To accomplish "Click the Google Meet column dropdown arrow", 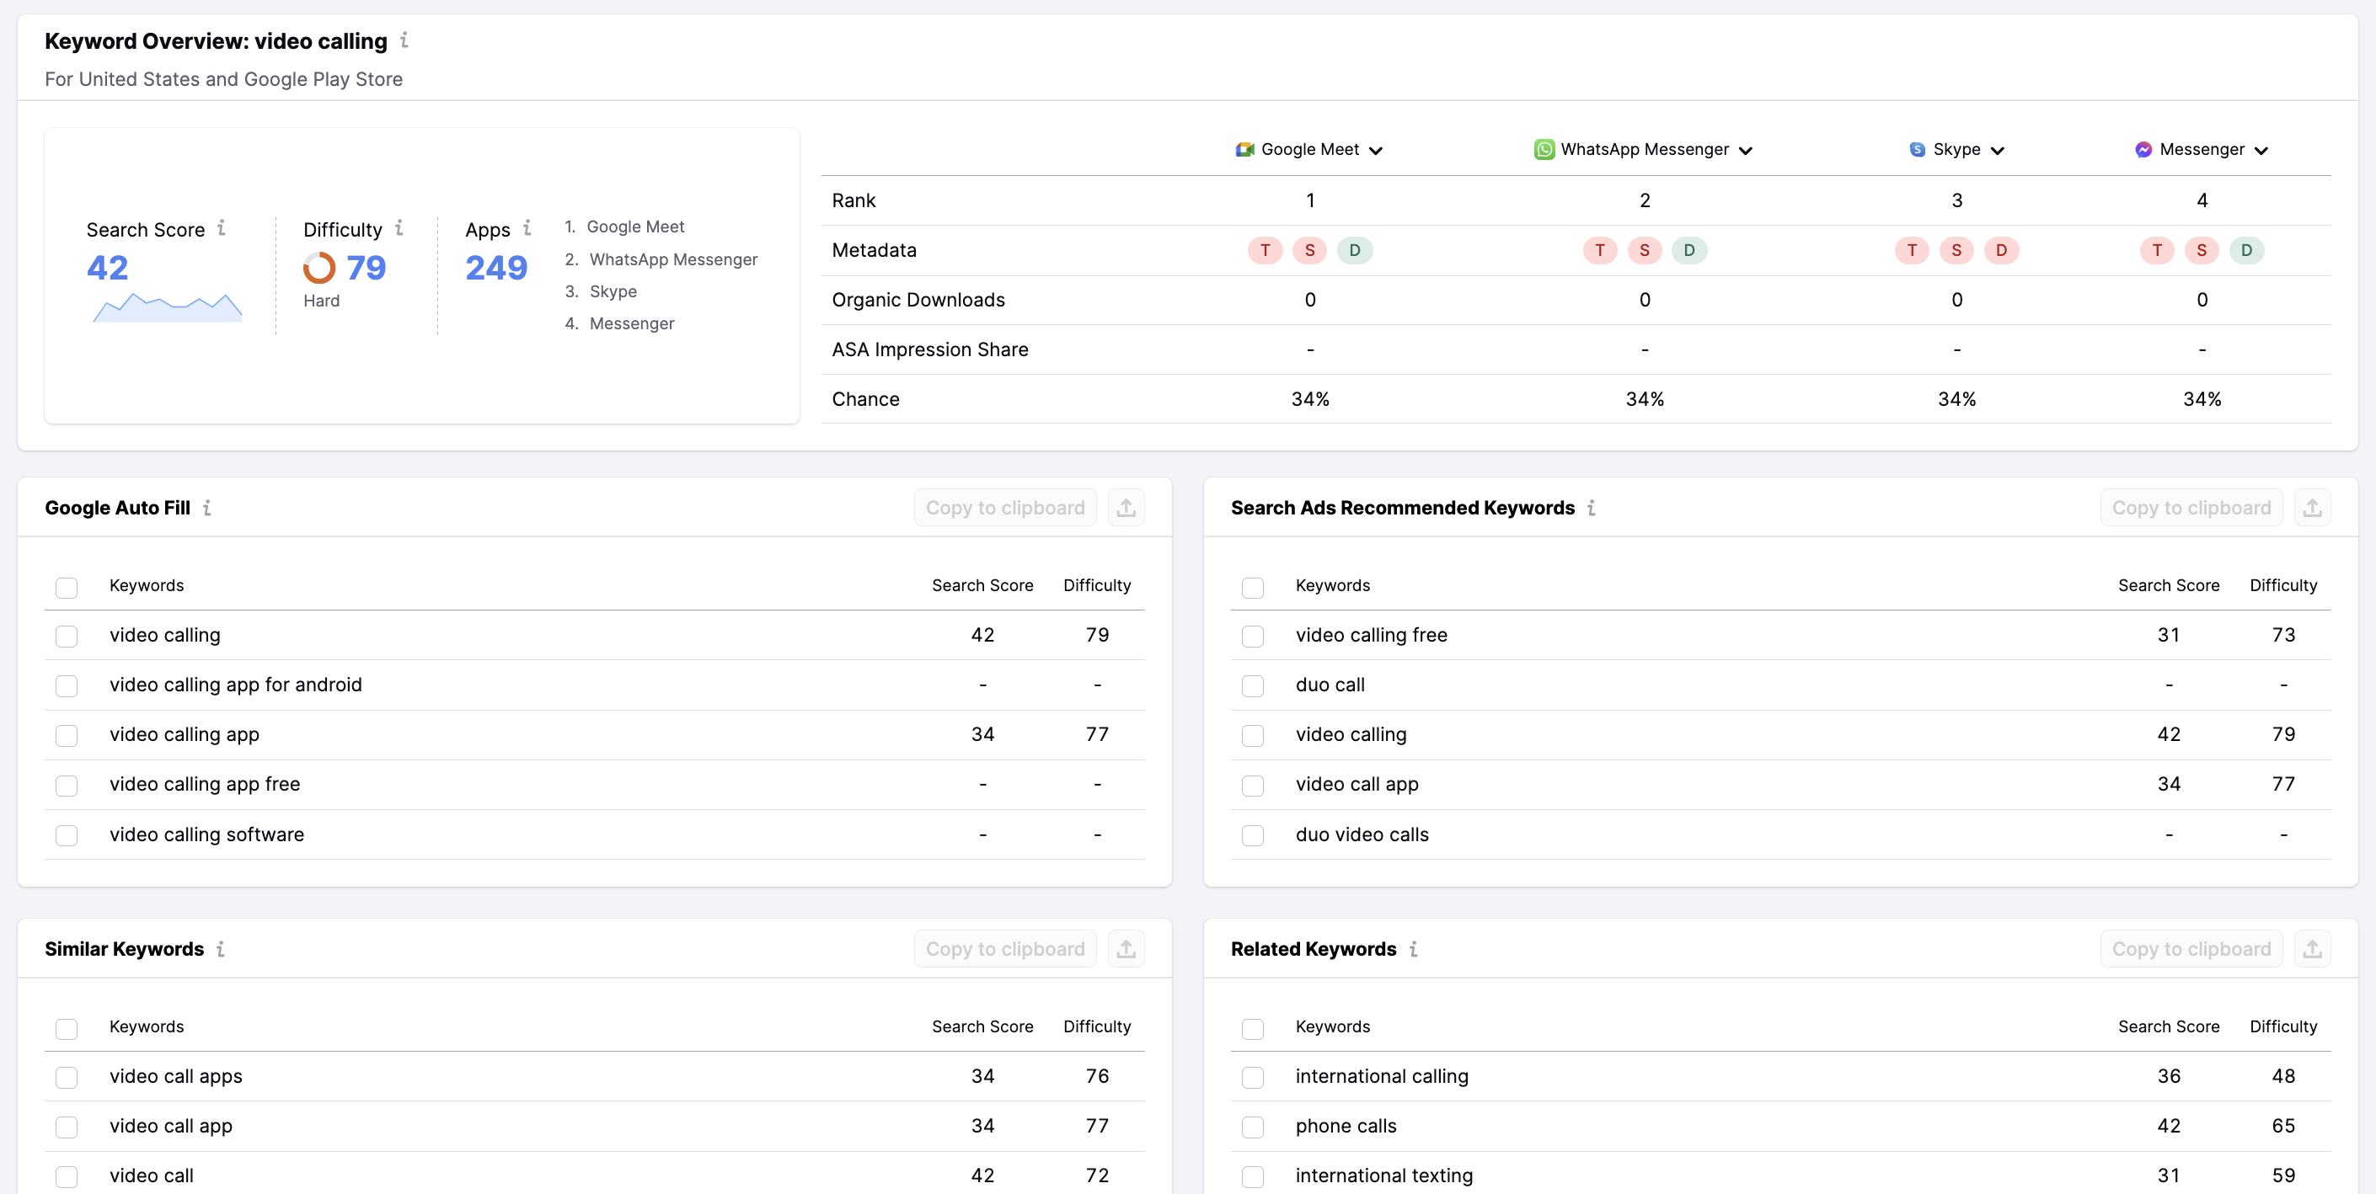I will (1375, 150).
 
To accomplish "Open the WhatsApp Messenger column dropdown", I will (1745, 150).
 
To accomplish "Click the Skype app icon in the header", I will (1917, 149).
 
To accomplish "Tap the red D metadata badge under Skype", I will (2000, 250).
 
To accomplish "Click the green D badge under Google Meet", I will (1354, 250).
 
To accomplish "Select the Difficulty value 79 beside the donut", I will (367, 268).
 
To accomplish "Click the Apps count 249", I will (496, 268).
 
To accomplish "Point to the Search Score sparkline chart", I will (167, 307).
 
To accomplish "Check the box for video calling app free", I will (67, 786).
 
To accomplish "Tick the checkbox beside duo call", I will (1253, 686).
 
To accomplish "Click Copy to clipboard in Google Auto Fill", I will (1004, 508).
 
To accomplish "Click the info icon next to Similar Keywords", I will (221, 949).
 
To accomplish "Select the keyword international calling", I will (1382, 1076).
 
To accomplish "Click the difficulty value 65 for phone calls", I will (2282, 1126).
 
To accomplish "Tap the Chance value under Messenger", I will (2202, 399).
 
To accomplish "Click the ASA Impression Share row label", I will (929, 349).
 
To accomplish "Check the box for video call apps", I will (67, 1077).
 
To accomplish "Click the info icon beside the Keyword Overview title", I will (404, 40).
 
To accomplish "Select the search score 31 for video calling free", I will (2169, 635).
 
